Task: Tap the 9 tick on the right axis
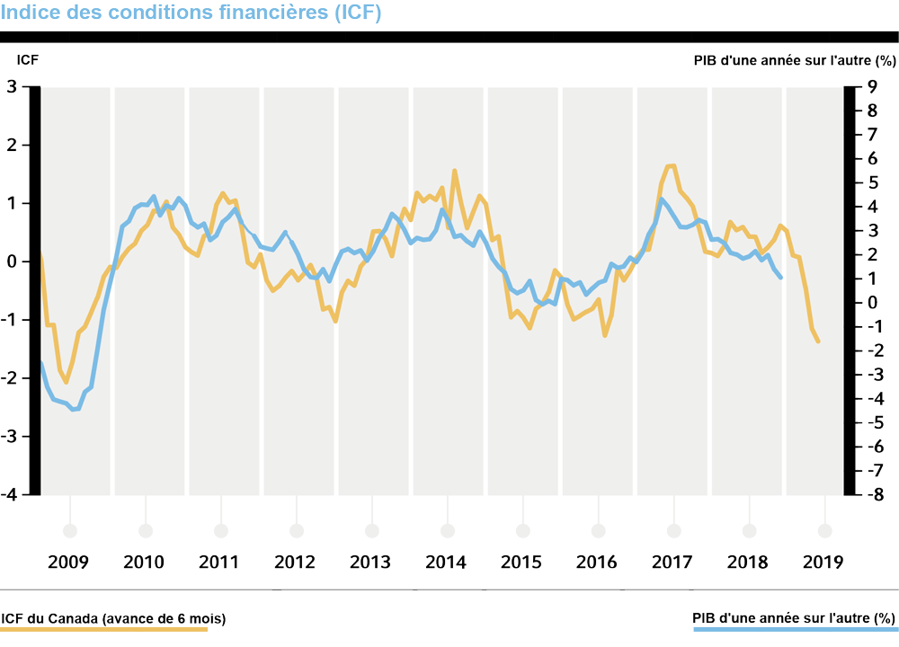tap(870, 87)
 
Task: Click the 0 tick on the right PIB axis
tap(870, 303)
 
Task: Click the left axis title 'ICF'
tap(28, 61)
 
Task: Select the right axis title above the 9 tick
tap(795, 61)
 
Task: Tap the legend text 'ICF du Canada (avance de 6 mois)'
tap(113, 618)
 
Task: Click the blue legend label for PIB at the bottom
tap(795, 618)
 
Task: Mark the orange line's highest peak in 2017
tap(670, 165)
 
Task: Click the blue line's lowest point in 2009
tap(76, 410)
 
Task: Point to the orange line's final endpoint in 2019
tap(818, 342)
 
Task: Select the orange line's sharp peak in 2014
tap(454, 171)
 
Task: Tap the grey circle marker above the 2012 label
tap(296, 530)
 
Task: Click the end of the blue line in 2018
tap(781, 278)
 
